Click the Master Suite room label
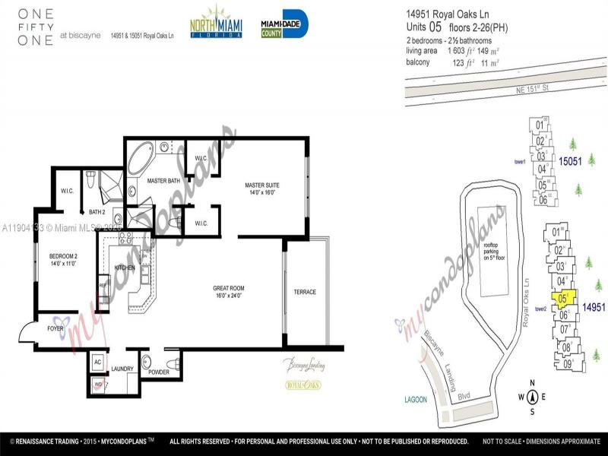pos(263,188)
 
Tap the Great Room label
pos(228,292)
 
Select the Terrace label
pos(305,292)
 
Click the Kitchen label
pos(125,268)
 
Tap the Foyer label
pos(56,328)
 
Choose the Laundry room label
pos(122,369)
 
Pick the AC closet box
pos(98,362)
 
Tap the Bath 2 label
pos(97,211)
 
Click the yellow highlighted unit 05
pos(563,299)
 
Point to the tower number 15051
pos(570,162)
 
